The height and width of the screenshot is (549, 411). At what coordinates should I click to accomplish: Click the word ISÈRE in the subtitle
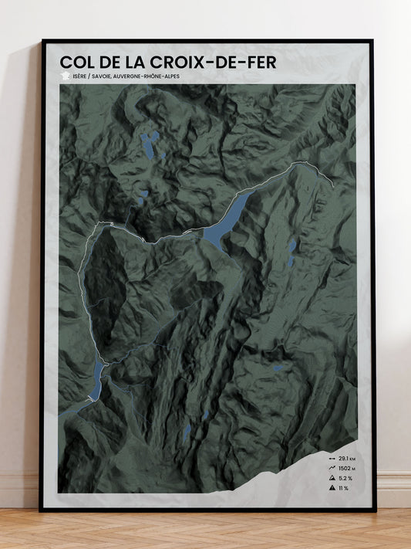pyautogui.click(x=80, y=76)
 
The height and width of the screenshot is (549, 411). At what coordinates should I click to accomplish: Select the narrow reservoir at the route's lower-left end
pyautogui.click(x=96, y=381)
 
